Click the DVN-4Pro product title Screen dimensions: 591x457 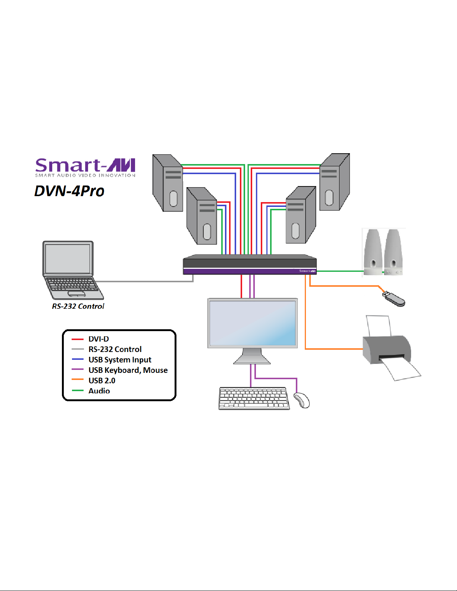point(69,191)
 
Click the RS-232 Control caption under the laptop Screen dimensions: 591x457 point(78,306)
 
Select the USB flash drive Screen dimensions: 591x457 point(394,299)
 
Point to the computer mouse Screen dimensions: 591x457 point(302,400)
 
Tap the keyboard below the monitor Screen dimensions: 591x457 point(254,398)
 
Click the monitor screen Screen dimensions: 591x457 point(253,323)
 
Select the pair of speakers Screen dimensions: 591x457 point(383,252)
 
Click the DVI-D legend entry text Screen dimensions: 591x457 point(98,339)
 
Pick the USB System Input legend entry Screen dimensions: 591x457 point(120,360)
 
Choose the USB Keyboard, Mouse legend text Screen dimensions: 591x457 point(128,370)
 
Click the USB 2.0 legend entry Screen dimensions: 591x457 point(102,381)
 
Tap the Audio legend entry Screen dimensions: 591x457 point(99,391)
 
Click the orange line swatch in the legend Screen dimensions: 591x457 point(78,380)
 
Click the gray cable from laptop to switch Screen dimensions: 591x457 point(145,282)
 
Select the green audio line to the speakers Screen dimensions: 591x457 point(339,271)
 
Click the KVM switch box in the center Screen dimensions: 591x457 point(250,265)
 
